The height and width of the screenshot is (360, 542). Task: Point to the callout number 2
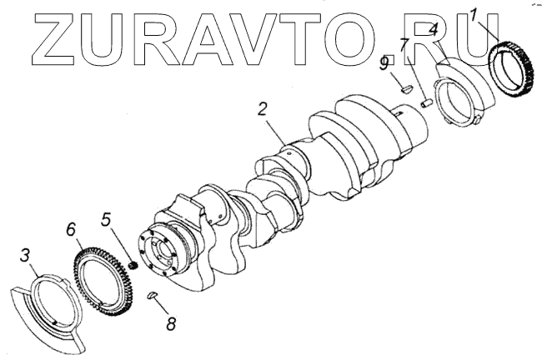click(x=263, y=108)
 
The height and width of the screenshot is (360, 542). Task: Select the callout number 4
click(x=434, y=31)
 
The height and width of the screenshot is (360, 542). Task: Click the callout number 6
click(x=72, y=227)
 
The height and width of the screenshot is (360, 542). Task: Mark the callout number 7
click(x=404, y=45)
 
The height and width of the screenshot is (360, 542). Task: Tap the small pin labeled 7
click(x=424, y=103)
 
